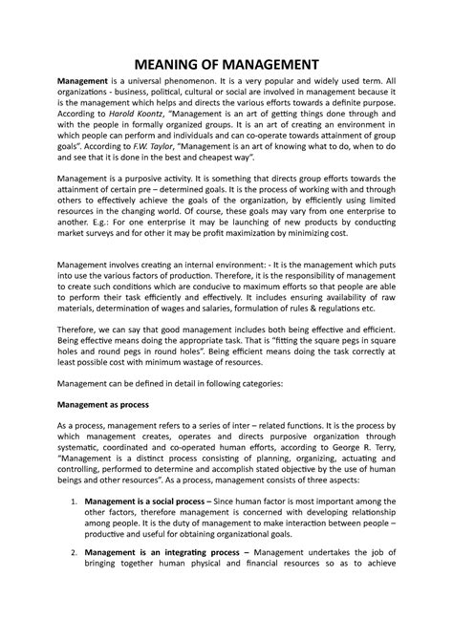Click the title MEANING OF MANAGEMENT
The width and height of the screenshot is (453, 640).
pyautogui.click(x=226, y=64)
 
